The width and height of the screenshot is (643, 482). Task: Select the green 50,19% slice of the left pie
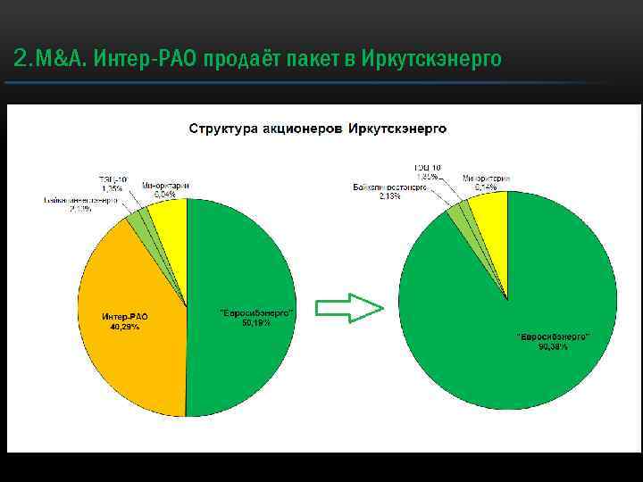click(237, 366)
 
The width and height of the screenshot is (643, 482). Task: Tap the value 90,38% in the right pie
click(554, 345)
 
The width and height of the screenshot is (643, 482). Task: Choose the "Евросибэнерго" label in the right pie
click(554, 337)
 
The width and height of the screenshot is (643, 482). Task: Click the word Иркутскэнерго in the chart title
click(397, 129)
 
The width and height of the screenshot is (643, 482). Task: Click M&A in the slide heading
click(59, 60)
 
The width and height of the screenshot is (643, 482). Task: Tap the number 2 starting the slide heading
click(21, 60)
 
